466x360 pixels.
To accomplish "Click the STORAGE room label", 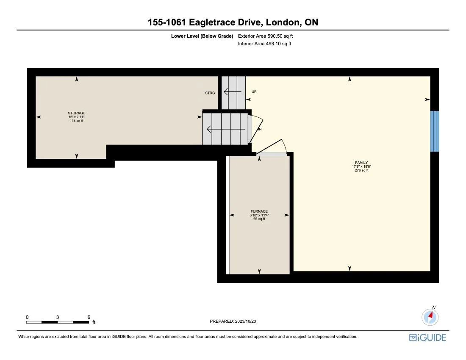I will pos(76,113).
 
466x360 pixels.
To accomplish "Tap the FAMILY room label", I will pos(361,163).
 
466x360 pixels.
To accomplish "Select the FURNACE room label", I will pos(259,211).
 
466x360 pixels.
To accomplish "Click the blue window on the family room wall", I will pos(434,131).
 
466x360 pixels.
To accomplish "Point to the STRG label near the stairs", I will pos(210,93).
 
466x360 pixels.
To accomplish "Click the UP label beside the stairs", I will pos(254,91).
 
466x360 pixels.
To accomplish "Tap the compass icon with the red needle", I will pos(430,316).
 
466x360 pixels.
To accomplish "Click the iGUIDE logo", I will pos(427,338).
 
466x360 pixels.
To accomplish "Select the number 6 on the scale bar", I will pos(89,317).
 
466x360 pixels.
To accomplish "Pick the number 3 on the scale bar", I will pos(57,317).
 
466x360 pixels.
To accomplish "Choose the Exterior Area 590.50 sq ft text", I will pos(265,36).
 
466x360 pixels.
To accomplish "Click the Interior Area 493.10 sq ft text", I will pos(265,44).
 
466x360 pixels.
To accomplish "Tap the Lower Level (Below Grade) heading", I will pos(202,36).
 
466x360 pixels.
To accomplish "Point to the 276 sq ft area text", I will pos(361,171).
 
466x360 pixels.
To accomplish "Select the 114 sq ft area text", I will pos(76,121).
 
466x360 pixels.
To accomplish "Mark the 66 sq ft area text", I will pos(259,219).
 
